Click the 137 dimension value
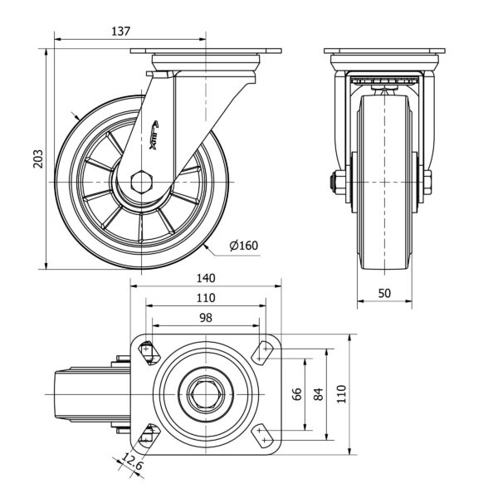[121, 31]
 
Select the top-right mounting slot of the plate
[265, 351]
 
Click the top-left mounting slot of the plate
[148, 351]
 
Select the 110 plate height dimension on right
[340, 393]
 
